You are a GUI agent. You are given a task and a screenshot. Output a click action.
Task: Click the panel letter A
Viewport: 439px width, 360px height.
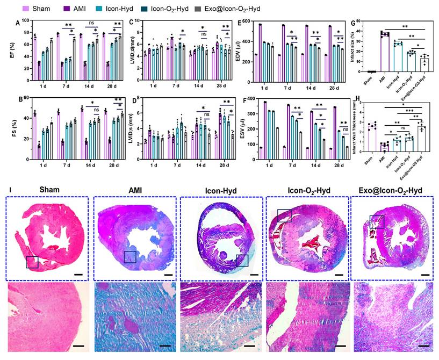point(18,23)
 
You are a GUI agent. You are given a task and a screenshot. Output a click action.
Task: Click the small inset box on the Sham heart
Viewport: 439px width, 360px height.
point(32,262)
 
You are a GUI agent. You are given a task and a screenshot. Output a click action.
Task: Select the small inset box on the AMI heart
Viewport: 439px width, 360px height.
point(129,257)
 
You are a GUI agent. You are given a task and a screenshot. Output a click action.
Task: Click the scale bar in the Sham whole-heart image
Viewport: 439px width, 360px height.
point(78,274)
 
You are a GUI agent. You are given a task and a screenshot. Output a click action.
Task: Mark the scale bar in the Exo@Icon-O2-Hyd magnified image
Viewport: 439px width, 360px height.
point(422,345)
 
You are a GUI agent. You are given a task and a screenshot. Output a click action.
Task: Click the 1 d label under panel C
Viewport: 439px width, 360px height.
point(153,85)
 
